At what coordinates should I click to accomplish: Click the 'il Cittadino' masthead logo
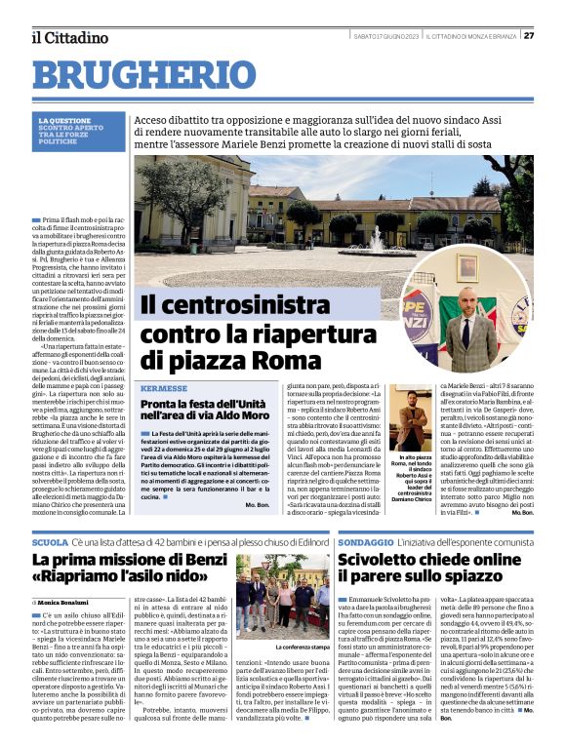[69, 37]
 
